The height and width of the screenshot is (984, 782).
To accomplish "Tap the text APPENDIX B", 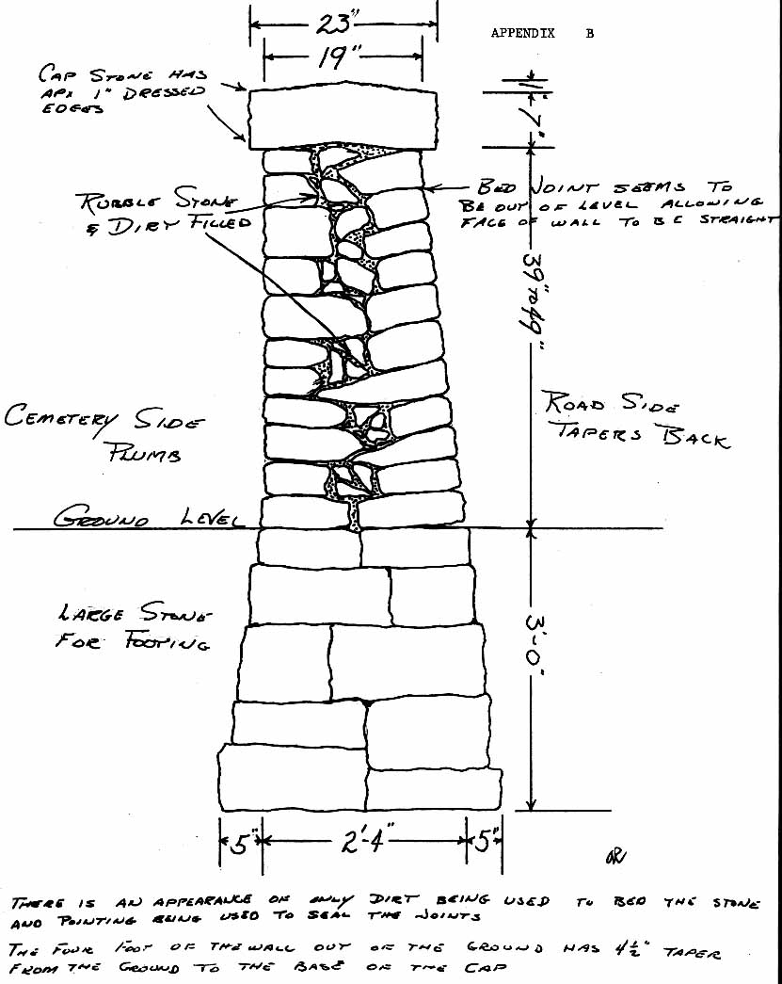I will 542,33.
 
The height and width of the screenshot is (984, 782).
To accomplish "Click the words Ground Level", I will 149,518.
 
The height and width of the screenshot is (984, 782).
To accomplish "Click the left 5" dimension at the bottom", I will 240,842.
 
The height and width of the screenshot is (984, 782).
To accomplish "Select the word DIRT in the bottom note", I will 389,902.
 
